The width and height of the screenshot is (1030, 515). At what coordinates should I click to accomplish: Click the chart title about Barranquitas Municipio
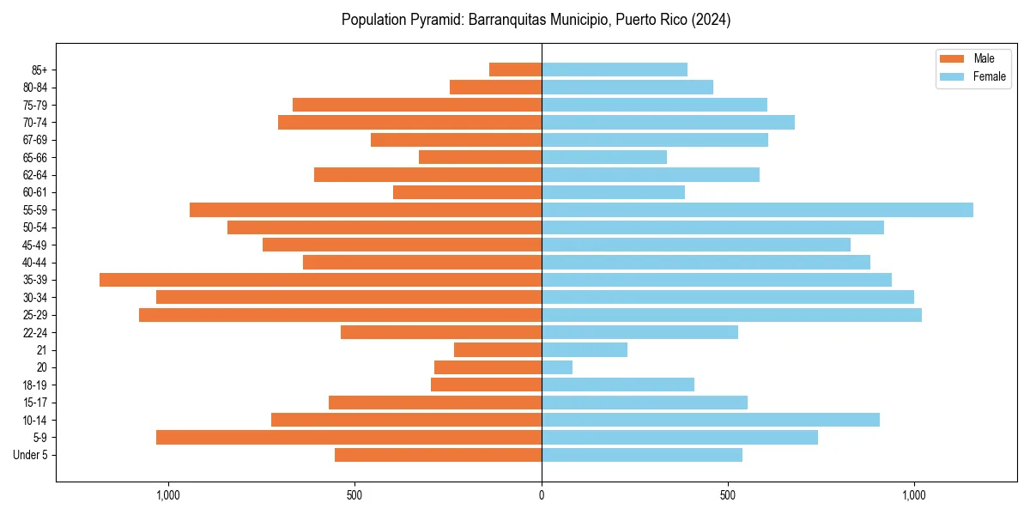pyautogui.click(x=536, y=20)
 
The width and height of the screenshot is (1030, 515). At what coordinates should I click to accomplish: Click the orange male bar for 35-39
pyautogui.click(x=320, y=280)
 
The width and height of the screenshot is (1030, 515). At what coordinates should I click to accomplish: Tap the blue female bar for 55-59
pyautogui.click(x=757, y=210)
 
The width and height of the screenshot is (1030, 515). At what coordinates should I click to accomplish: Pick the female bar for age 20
pyautogui.click(x=557, y=367)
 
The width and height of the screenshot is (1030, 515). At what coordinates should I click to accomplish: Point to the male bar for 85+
pyautogui.click(x=515, y=70)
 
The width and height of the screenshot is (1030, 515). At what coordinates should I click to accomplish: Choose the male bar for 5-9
pyautogui.click(x=348, y=438)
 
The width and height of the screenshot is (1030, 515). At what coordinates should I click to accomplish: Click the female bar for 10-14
pyautogui.click(x=711, y=420)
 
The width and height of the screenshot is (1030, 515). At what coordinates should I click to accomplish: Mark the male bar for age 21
pyautogui.click(x=498, y=350)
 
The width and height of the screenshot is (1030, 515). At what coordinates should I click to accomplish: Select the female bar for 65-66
pyautogui.click(x=604, y=157)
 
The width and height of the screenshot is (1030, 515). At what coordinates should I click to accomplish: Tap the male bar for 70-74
pyautogui.click(x=409, y=123)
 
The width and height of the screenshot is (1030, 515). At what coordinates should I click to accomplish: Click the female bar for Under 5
pyautogui.click(x=642, y=455)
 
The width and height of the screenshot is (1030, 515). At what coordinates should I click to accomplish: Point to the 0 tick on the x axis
pyautogui.click(x=542, y=495)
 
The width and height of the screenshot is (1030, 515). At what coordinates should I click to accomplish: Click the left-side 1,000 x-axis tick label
pyautogui.click(x=167, y=495)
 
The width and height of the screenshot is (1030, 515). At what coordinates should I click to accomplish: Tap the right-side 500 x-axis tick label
pyautogui.click(x=728, y=495)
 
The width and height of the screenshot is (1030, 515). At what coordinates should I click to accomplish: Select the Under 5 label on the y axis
pyautogui.click(x=30, y=455)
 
